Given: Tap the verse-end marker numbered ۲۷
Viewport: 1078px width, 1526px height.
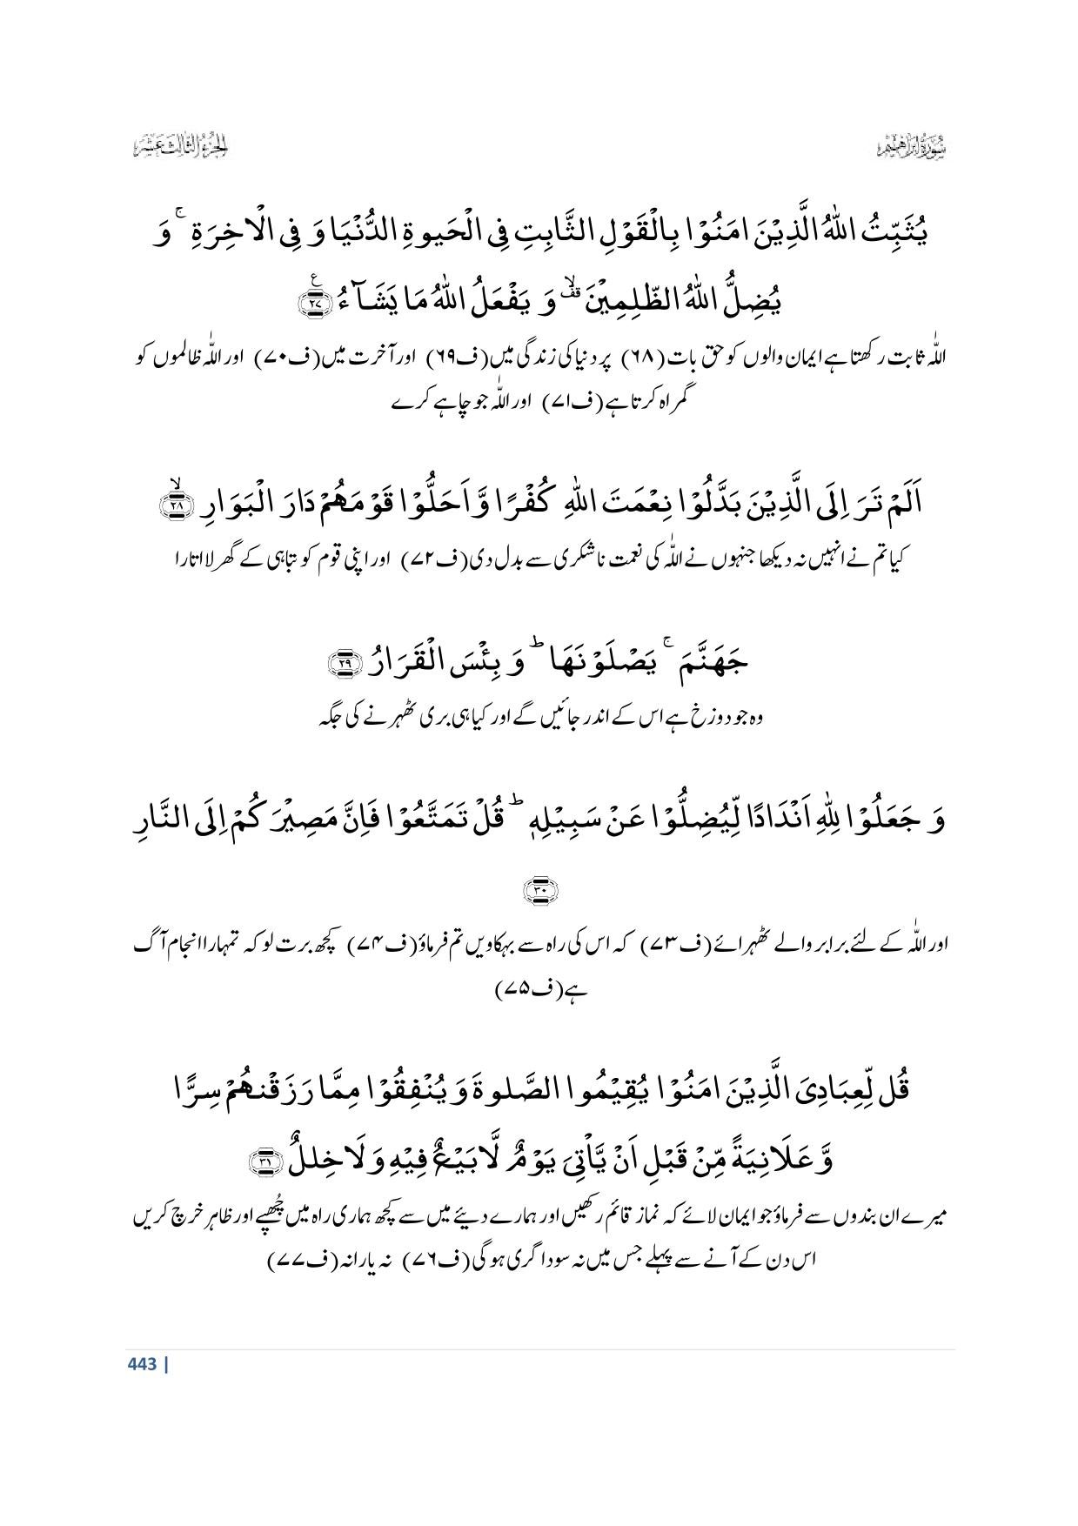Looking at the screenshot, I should pyautogui.click(x=309, y=305).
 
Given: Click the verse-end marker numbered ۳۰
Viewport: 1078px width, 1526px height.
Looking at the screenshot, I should pyautogui.click(x=539, y=889).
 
